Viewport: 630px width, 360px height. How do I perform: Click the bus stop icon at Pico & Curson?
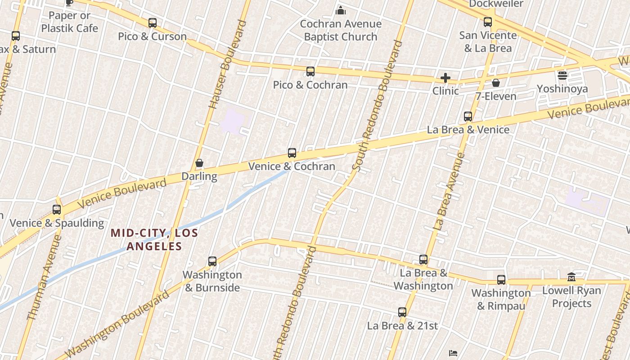153,22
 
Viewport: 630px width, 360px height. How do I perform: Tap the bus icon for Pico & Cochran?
310,71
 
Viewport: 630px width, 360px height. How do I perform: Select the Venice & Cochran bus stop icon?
292,153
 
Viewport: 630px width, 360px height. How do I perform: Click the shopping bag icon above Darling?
199,163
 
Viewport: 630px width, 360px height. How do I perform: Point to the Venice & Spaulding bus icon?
57,209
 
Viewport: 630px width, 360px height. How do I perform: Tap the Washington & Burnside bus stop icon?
212,261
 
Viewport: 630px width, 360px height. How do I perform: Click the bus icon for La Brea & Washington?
423,259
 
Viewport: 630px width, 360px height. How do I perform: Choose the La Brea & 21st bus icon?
402,312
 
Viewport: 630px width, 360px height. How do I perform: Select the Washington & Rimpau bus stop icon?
501,279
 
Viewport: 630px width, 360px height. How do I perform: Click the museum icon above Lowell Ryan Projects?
571,277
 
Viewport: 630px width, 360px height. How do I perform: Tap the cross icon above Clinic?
445,78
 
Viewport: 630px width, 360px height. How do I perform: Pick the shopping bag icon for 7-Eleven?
496,83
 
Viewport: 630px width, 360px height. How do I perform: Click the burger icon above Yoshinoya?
562,75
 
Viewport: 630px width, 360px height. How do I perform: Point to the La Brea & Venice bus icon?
468,116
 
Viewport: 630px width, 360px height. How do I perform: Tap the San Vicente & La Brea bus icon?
488,22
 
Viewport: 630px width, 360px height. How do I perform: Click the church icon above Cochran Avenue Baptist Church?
341,10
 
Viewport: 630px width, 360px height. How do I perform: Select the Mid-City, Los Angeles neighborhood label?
154,239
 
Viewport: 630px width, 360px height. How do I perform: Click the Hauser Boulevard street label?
229,64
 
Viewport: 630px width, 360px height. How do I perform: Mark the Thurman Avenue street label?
44,278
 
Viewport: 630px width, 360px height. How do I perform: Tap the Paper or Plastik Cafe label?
69,22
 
